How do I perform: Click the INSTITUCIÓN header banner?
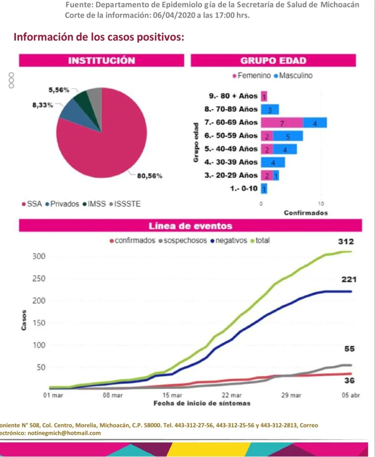point(102,61)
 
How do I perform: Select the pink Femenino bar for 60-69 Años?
point(281,123)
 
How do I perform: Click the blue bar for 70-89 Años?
point(270,110)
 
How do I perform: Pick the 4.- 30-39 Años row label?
point(231,162)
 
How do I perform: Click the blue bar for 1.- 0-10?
point(264,189)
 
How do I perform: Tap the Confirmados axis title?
point(306,213)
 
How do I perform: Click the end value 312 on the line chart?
point(345,242)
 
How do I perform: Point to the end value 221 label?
point(349,280)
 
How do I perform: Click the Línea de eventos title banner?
point(190,226)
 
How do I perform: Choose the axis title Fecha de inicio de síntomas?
point(201,403)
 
